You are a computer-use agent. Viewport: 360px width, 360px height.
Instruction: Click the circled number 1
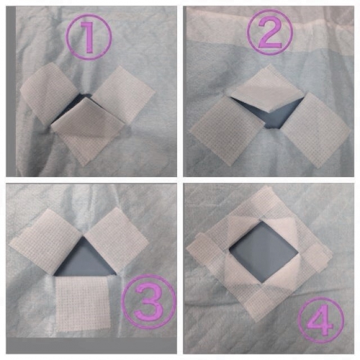coord(89,37)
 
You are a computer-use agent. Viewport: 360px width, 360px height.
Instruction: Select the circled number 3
coord(149,302)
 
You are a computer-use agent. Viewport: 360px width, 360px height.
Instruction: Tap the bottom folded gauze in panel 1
coord(89,131)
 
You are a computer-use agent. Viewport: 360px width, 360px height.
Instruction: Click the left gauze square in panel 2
coord(228,132)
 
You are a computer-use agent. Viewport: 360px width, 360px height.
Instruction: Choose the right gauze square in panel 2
coord(316,130)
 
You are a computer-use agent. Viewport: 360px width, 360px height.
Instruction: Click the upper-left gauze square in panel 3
coord(45,243)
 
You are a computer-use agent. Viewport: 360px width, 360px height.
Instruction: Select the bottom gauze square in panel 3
coord(83,304)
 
